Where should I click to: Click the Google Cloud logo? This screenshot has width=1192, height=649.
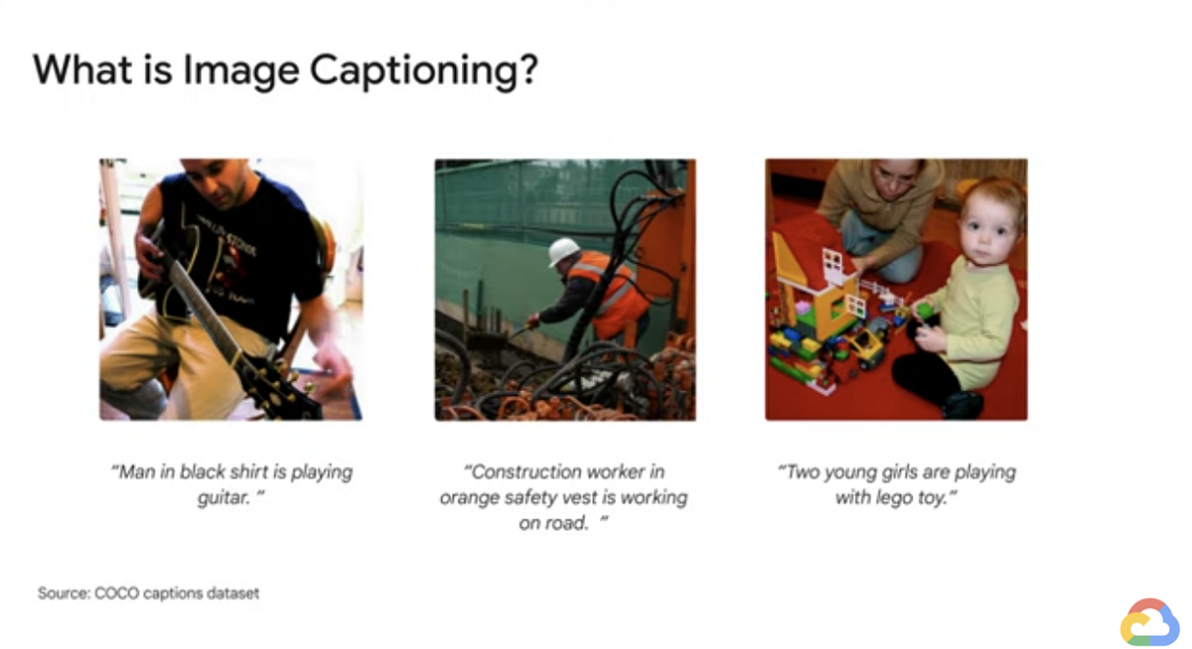pos(1149,623)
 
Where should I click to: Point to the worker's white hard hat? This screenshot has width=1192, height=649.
pos(563,251)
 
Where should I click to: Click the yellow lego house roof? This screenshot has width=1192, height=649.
pos(796,262)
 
